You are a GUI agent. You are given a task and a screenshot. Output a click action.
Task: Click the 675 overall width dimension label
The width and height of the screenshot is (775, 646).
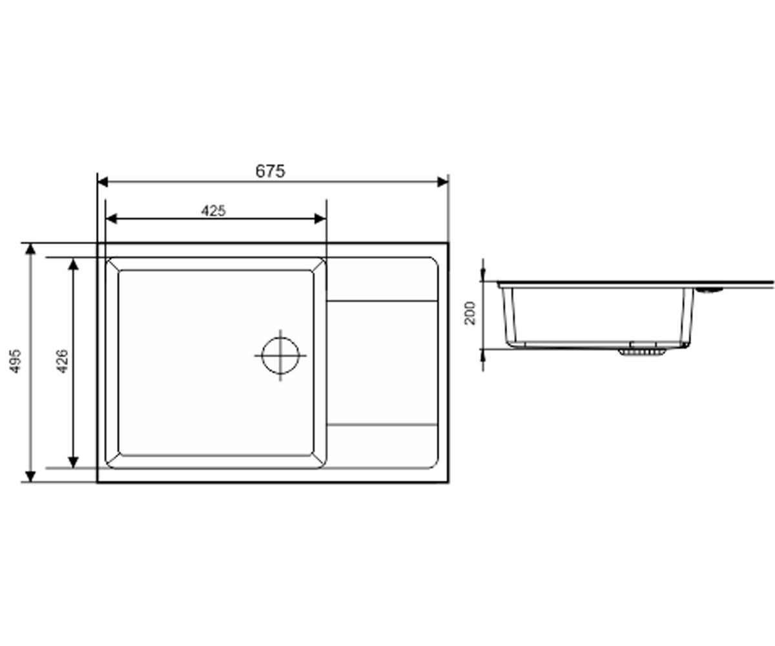click(x=270, y=171)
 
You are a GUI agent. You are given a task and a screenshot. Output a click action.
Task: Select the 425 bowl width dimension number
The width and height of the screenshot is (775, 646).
click(x=213, y=211)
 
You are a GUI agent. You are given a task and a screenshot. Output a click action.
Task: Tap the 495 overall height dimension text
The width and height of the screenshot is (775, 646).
click(x=15, y=362)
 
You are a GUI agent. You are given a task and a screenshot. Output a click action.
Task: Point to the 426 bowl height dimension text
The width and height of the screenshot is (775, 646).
click(x=62, y=362)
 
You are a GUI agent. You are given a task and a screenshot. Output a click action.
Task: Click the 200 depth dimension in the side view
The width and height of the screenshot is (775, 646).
click(x=470, y=313)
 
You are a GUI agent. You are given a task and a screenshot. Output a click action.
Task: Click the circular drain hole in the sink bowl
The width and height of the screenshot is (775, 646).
click(x=280, y=355)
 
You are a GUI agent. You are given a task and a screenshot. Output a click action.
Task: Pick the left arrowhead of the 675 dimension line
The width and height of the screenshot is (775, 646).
click(x=103, y=182)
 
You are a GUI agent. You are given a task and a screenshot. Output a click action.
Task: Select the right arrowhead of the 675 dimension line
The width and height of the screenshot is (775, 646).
click(x=443, y=182)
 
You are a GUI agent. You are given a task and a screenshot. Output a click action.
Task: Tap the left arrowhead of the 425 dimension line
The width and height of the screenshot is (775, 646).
click(x=111, y=219)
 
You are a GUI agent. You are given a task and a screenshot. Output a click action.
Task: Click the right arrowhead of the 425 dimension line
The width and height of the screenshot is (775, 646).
click(x=320, y=219)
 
